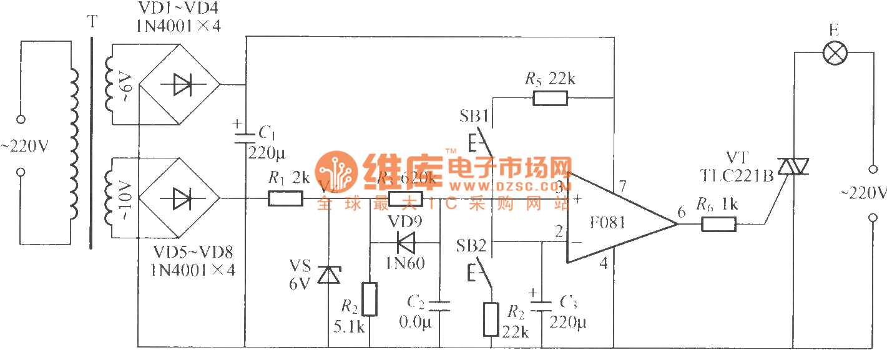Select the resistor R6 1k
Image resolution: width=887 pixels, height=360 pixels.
[718, 223]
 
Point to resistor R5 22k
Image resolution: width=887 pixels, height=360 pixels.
[550, 97]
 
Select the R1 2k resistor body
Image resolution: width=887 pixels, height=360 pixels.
[286, 199]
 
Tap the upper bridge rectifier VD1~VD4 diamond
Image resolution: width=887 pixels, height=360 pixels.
[179, 85]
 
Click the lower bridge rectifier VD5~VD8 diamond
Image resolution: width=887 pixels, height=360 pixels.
[179, 199]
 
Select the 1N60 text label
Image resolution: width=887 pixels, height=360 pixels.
[405, 263]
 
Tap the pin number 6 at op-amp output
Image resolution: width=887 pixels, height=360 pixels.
[681, 213]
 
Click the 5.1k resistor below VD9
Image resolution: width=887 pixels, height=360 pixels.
[370, 299]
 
